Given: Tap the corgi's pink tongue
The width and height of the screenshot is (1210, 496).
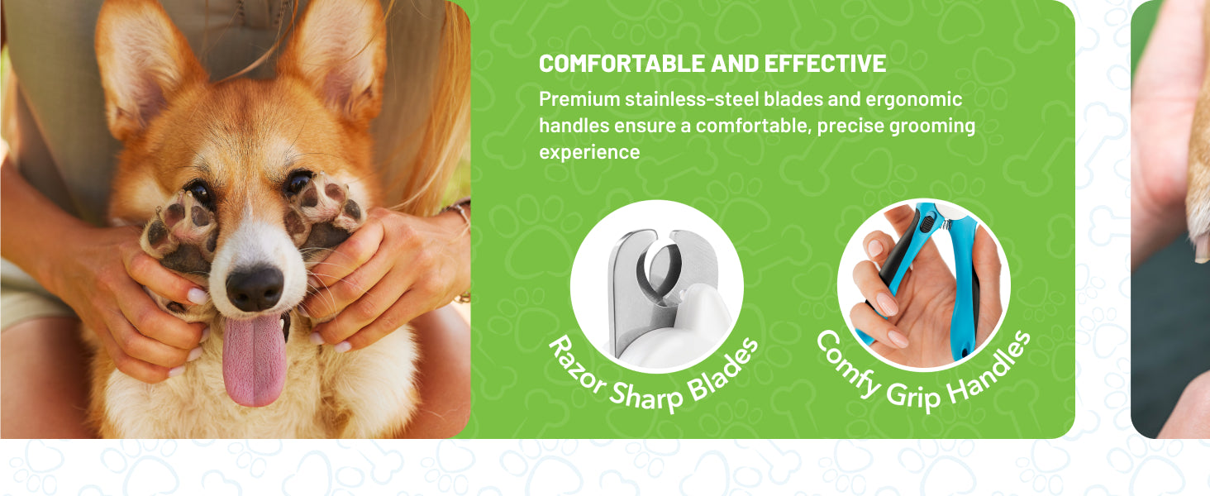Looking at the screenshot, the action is click(x=254, y=360).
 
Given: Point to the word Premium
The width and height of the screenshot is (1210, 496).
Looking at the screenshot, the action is click(x=579, y=99).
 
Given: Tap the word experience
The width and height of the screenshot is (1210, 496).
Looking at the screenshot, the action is click(x=589, y=153).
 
